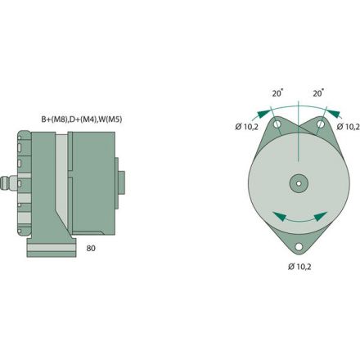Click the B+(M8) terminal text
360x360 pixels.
(x=56, y=119)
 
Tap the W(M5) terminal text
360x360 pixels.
(x=106, y=119)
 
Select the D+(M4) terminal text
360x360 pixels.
(x=82, y=119)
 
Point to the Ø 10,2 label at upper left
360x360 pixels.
(x=246, y=127)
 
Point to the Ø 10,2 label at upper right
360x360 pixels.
(x=349, y=127)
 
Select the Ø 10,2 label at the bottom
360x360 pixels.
(x=298, y=266)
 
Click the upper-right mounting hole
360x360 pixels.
(x=318, y=124)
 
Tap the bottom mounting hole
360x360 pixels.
(x=298, y=245)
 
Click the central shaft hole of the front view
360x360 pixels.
(x=298, y=182)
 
